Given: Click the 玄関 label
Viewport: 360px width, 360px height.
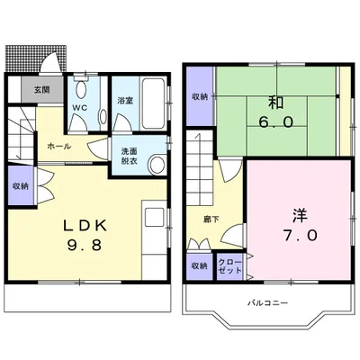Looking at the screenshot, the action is click(42, 89).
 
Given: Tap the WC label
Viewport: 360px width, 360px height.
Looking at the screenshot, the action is click(80, 108).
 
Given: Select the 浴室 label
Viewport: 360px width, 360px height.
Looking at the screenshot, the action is click(125, 100).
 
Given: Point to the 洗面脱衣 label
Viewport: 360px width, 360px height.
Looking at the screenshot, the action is click(130, 156).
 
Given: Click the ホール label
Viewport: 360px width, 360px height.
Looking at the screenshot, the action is click(59, 147).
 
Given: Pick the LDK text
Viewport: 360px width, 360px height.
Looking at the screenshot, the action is click(85, 226).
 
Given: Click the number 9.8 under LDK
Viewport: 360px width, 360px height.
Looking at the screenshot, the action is click(85, 246).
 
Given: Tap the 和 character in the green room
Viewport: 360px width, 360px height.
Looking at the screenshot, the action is click(275, 103).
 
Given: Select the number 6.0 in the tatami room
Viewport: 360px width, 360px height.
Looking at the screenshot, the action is click(275, 122).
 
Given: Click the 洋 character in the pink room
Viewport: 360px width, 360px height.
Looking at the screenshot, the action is click(300, 215).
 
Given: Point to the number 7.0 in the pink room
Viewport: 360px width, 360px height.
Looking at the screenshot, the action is click(300, 236).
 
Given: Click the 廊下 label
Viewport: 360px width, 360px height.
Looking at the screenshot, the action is click(211, 220).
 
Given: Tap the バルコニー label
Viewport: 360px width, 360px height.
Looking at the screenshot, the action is click(267, 302).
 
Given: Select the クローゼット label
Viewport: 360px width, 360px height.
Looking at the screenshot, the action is click(229, 265).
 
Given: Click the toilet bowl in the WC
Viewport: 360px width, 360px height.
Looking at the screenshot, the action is click(80, 89).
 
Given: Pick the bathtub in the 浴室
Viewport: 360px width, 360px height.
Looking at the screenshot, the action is click(153, 103).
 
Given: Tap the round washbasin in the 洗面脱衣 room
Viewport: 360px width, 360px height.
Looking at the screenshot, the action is click(157, 165).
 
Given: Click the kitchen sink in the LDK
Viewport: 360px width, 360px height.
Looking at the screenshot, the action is click(155, 217).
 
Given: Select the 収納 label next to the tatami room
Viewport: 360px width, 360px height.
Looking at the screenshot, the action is click(200, 96).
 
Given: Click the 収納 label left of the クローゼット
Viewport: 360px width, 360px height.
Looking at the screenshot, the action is click(200, 265).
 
